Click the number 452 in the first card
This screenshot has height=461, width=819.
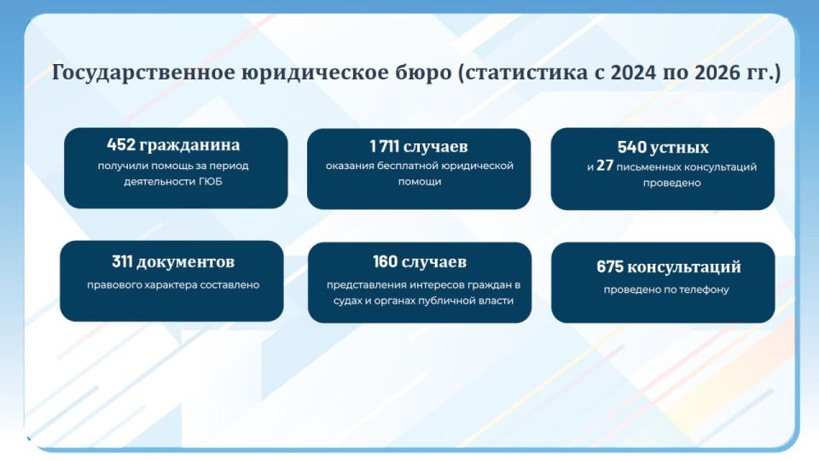[122, 145]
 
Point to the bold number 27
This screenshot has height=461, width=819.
[605, 166]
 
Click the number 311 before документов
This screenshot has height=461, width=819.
[126, 262]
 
